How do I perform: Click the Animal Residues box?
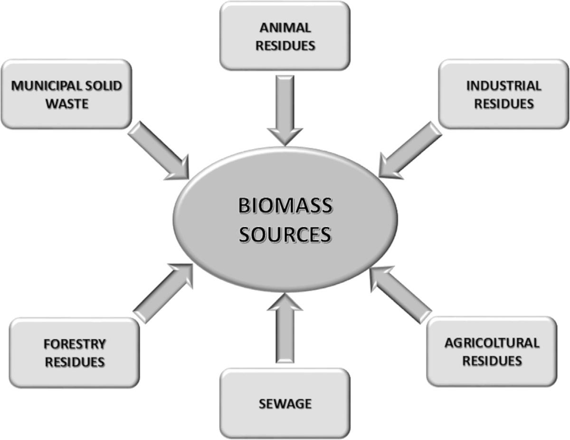pyautogui.click(x=285, y=36)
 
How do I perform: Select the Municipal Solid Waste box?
pyautogui.click(x=66, y=94)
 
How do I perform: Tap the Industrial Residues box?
pyautogui.click(x=503, y=94)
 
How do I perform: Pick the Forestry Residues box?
pyautogui.click(x=75, y=352)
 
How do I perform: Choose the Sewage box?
pyautogui.click(x=285, y=403)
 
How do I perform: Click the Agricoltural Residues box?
pyautogui.click(x=492, y=351)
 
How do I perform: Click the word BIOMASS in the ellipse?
pyautogui.click(x=285, y=207)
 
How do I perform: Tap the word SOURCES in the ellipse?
pyautogui.click(x=285, y=234)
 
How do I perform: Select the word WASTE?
pyautogui.click(x=67, y=103)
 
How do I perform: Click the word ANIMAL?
pyautogui.click(x=285, y=28)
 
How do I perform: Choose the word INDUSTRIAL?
pyautogui.click(x=503, y=86)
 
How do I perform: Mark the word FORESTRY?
pyautogui.click(x=75, y=344)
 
